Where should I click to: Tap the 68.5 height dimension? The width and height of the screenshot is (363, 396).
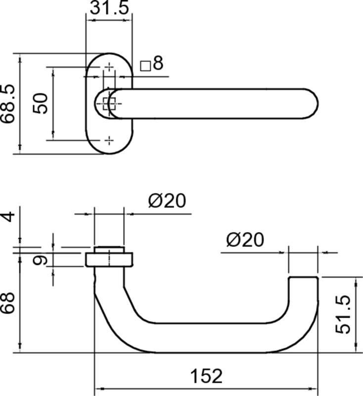[x=9, y=103]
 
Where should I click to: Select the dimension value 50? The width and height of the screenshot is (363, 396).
[x=43, y=103]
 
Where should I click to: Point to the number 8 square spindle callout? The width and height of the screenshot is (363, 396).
[x=158, y=63]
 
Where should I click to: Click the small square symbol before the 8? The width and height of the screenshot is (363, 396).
[x=145, y=65]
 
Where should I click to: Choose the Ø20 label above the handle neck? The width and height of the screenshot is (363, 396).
[x=167, y=201]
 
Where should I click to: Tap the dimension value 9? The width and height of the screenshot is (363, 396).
[x=43, y=260]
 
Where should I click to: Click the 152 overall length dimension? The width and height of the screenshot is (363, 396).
[x=206, y=376]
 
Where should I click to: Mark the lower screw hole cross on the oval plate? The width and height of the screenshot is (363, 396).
[x=109, y=140]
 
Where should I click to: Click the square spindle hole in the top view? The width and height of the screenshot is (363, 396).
[x=109, y=103]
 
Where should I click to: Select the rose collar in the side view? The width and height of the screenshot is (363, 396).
[x=109, y=259]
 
